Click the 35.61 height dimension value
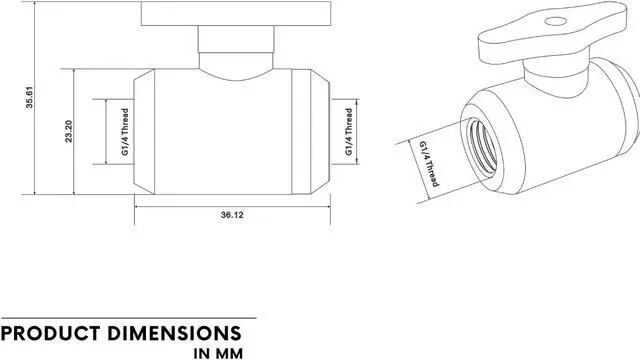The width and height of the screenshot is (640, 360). click(x=30, y=97)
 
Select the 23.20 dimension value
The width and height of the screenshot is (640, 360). click(x=69, y=131)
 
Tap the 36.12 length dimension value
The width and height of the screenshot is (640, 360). click(x=232, y=215)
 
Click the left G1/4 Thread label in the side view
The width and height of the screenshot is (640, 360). click(x=125, y=131)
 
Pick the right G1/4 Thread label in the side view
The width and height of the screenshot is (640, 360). click(x=349, y=131)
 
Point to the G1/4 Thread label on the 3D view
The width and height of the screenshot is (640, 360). click(x=429, y=164)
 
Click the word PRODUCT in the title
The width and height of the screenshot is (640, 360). click(x=51, y=333)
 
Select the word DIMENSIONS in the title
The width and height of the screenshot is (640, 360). click(x=175, y=333)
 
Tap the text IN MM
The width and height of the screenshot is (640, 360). click(x=218, y=353)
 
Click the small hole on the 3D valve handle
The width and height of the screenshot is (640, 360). click(x=556, y=21)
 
